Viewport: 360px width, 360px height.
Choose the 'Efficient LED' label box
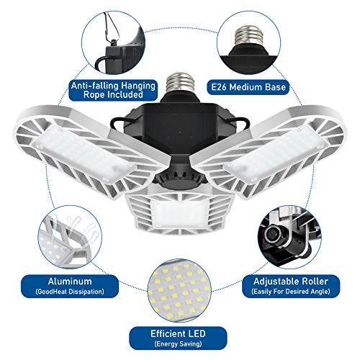(x=179, y=338)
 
